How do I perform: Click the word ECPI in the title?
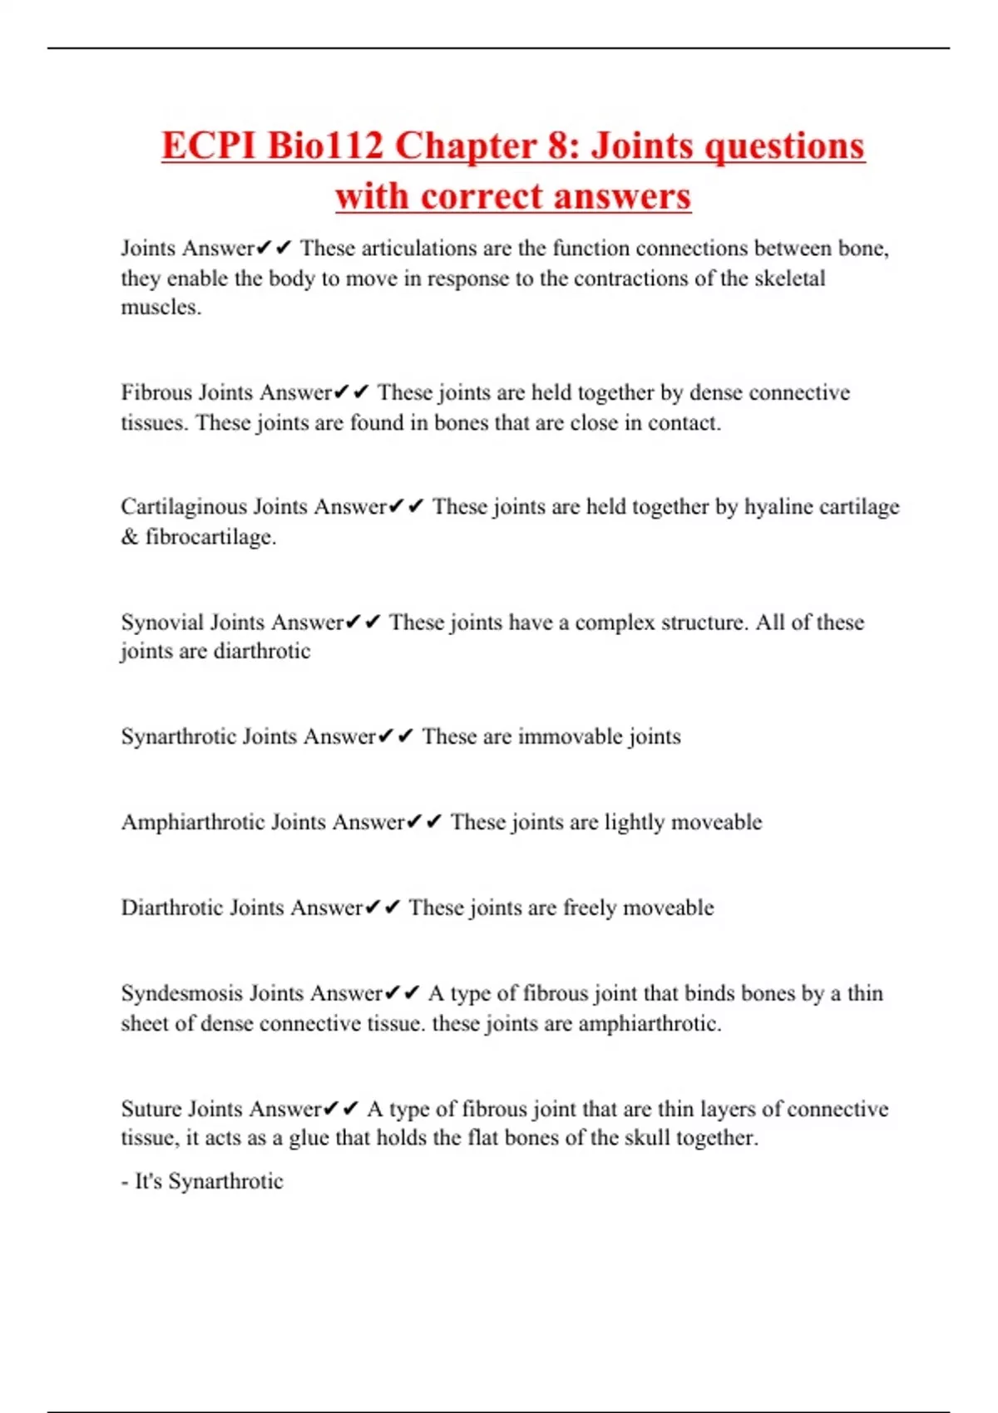pyautogui.click(x=209, y=145)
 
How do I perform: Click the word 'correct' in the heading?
pyautogui.click(x=482, y=197)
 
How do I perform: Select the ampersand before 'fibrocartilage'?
pyautogui.click(x=129, y=537)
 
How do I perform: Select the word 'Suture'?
pyautogui.click(x=151, y=1109)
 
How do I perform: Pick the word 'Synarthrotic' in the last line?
pyautogui.click(x=225, y=1181)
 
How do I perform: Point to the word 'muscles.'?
pyautogui.click(x=161, y=308)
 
